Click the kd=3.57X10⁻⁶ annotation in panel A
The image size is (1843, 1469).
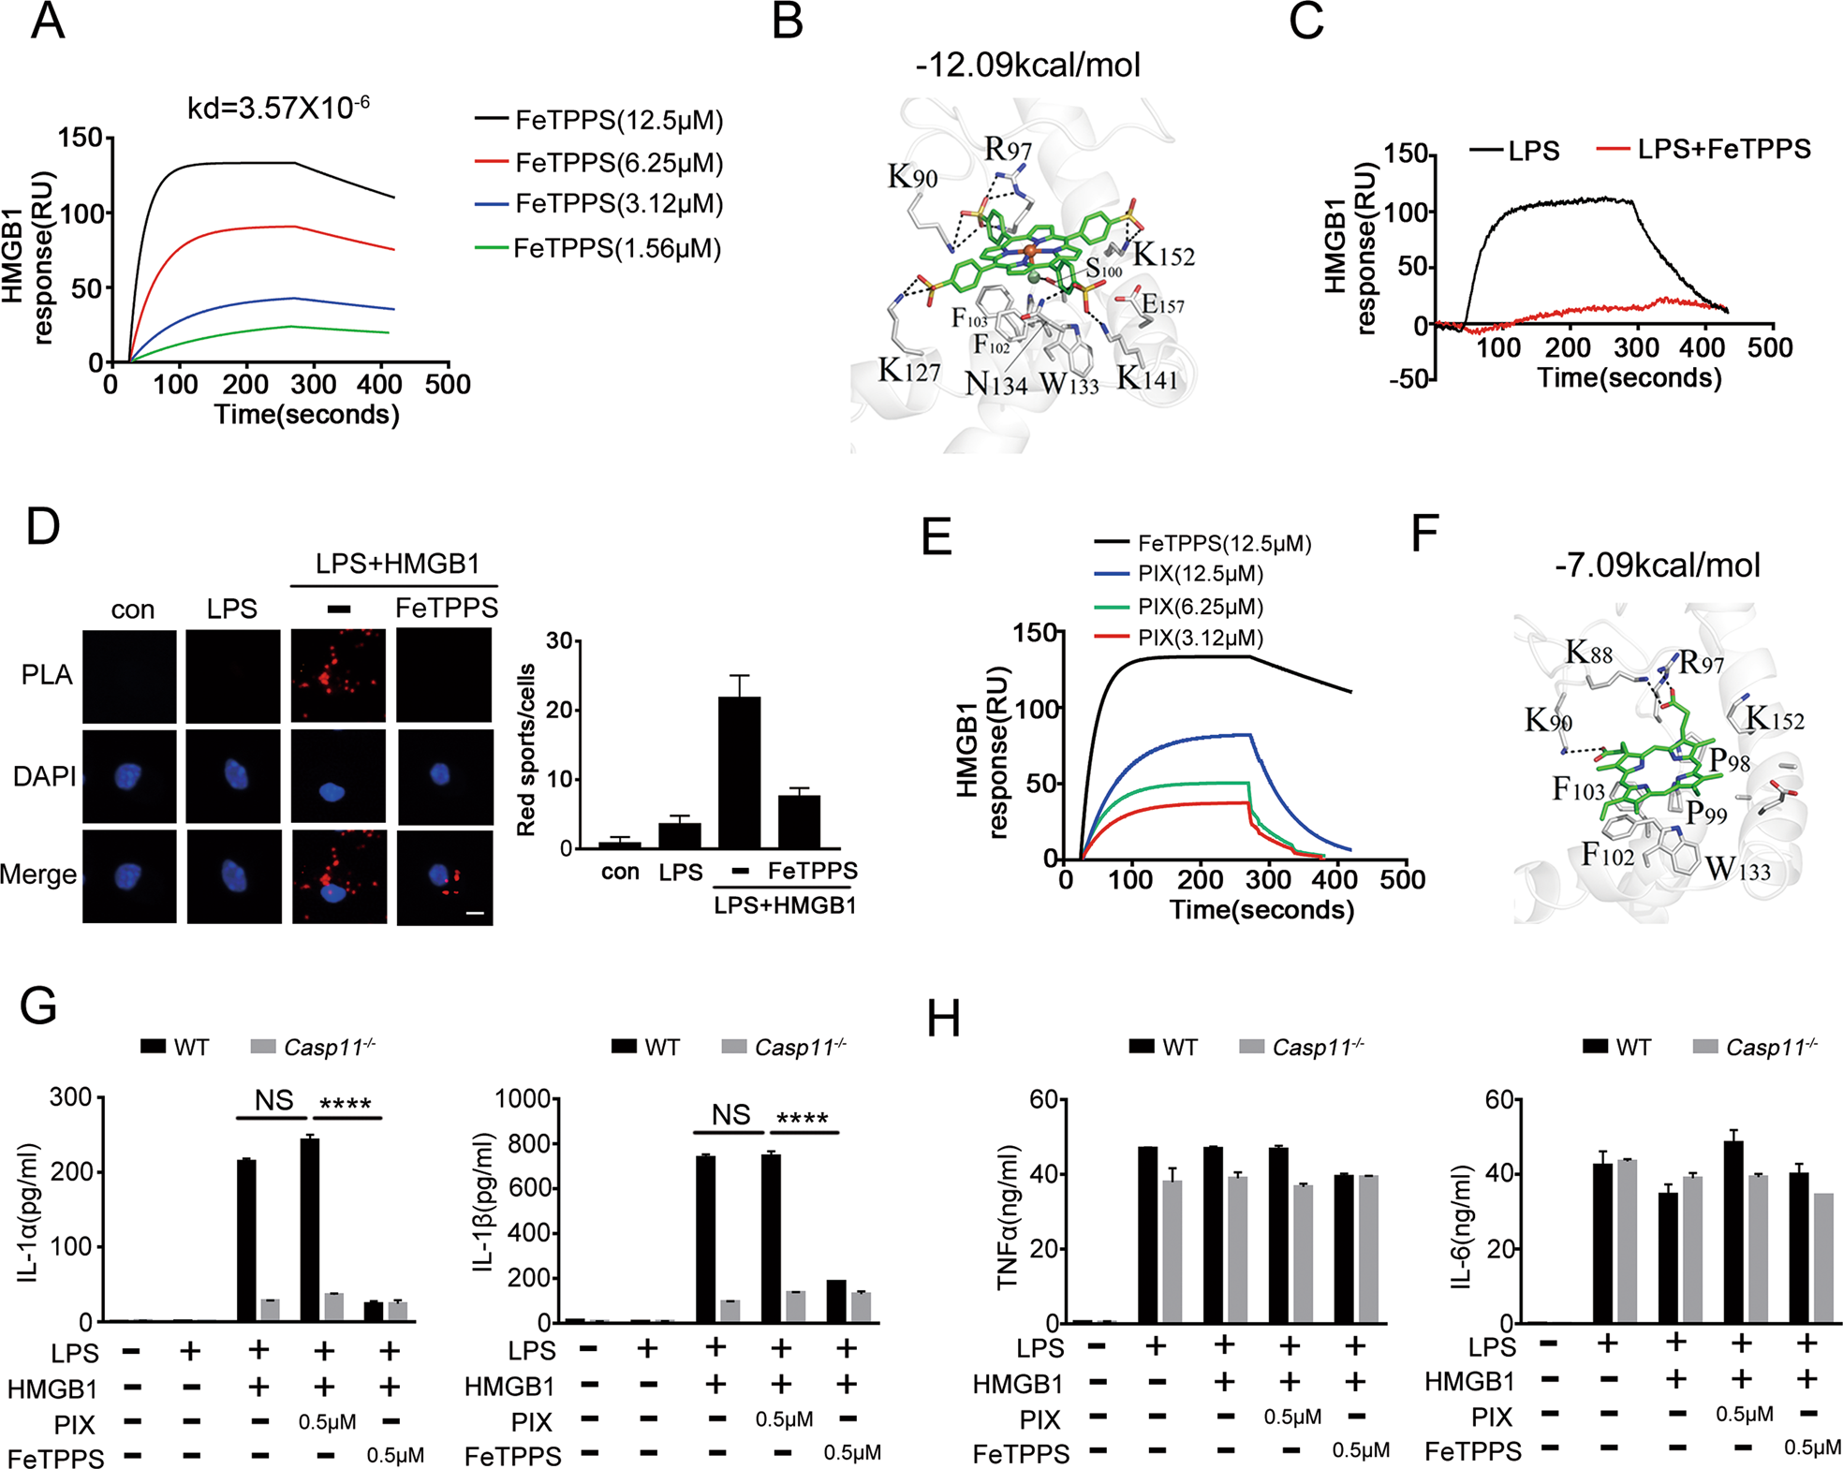coord(278,107)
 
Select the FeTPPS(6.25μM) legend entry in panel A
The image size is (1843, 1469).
coord(618,163)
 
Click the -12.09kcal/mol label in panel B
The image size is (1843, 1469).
coord(1027,65)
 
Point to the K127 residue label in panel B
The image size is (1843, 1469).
coord(908,371)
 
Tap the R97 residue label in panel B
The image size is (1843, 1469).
coord(1008,150)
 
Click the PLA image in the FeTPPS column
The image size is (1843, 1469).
coord(445,675)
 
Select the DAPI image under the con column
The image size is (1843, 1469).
coord(129,776)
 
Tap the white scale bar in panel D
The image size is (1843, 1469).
coord(475,911)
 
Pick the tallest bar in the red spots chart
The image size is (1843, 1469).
coord(739,771)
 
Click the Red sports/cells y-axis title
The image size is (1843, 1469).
coord(526,749)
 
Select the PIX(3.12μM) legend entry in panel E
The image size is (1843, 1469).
coord(1201,638)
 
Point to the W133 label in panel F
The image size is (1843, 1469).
coord(1738,870)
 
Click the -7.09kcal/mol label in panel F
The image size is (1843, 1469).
coord(1657,565)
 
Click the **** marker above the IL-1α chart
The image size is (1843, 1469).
coord(346,1105)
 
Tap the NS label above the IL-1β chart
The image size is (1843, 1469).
coord(730,1114)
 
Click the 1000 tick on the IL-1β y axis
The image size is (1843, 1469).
coord(522,1098)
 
